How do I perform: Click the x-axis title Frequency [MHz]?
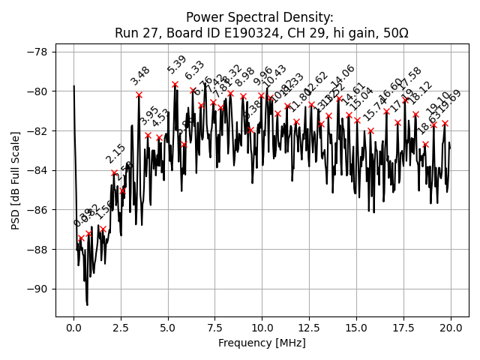click(262, 343)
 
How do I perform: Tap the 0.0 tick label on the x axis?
click(73, 327)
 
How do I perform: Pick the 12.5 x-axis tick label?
click(309, 327)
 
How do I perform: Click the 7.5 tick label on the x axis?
click(215, 327)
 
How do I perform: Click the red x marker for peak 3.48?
click(139, 94)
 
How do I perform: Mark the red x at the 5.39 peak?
click(175, 84)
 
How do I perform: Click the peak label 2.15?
click(115, 154)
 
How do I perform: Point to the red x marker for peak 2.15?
click(114, 172)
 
